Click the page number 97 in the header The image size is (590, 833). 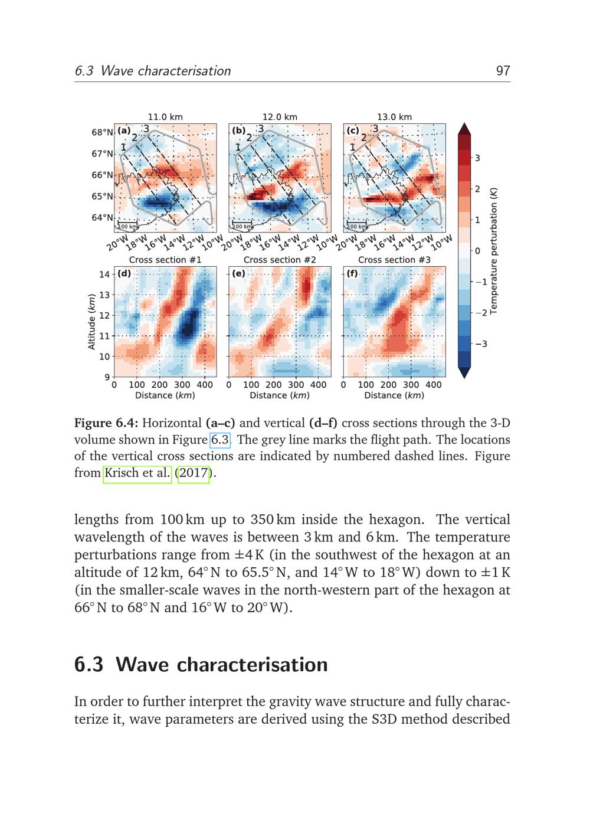point(503,71)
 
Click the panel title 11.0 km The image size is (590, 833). point(165,117)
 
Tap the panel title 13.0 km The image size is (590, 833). point(395,117)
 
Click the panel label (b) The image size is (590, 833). point(239,130)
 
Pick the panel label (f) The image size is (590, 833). point(352,273)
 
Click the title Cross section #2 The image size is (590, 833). point(280,260)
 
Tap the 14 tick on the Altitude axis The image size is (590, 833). point(104,275)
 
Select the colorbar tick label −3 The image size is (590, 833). point(481,344)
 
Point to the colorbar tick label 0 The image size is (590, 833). point(477,251)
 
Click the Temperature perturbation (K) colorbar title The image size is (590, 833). point(493,251)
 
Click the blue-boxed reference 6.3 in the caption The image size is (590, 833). point(220,440)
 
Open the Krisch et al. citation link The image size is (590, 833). point(137,473)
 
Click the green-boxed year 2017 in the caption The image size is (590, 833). point(193,473)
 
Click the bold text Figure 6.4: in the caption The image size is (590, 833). point(106,423)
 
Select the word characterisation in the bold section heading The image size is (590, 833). point(253,665)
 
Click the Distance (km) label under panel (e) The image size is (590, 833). point(280,395)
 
